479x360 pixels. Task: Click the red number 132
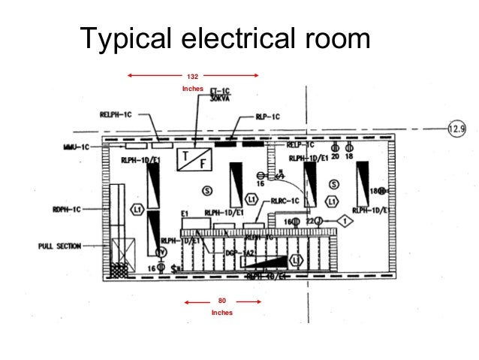(192, 77)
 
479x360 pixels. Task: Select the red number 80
(222, 302)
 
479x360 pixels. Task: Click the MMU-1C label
(76, 147)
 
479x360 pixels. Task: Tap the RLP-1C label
(267, 116)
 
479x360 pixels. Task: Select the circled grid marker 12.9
(456, 129)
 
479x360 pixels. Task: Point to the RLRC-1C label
(285, 201)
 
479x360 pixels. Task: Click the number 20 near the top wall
(335, 156)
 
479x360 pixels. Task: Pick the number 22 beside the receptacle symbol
(309, 222)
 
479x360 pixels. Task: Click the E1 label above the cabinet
(185, 214)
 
